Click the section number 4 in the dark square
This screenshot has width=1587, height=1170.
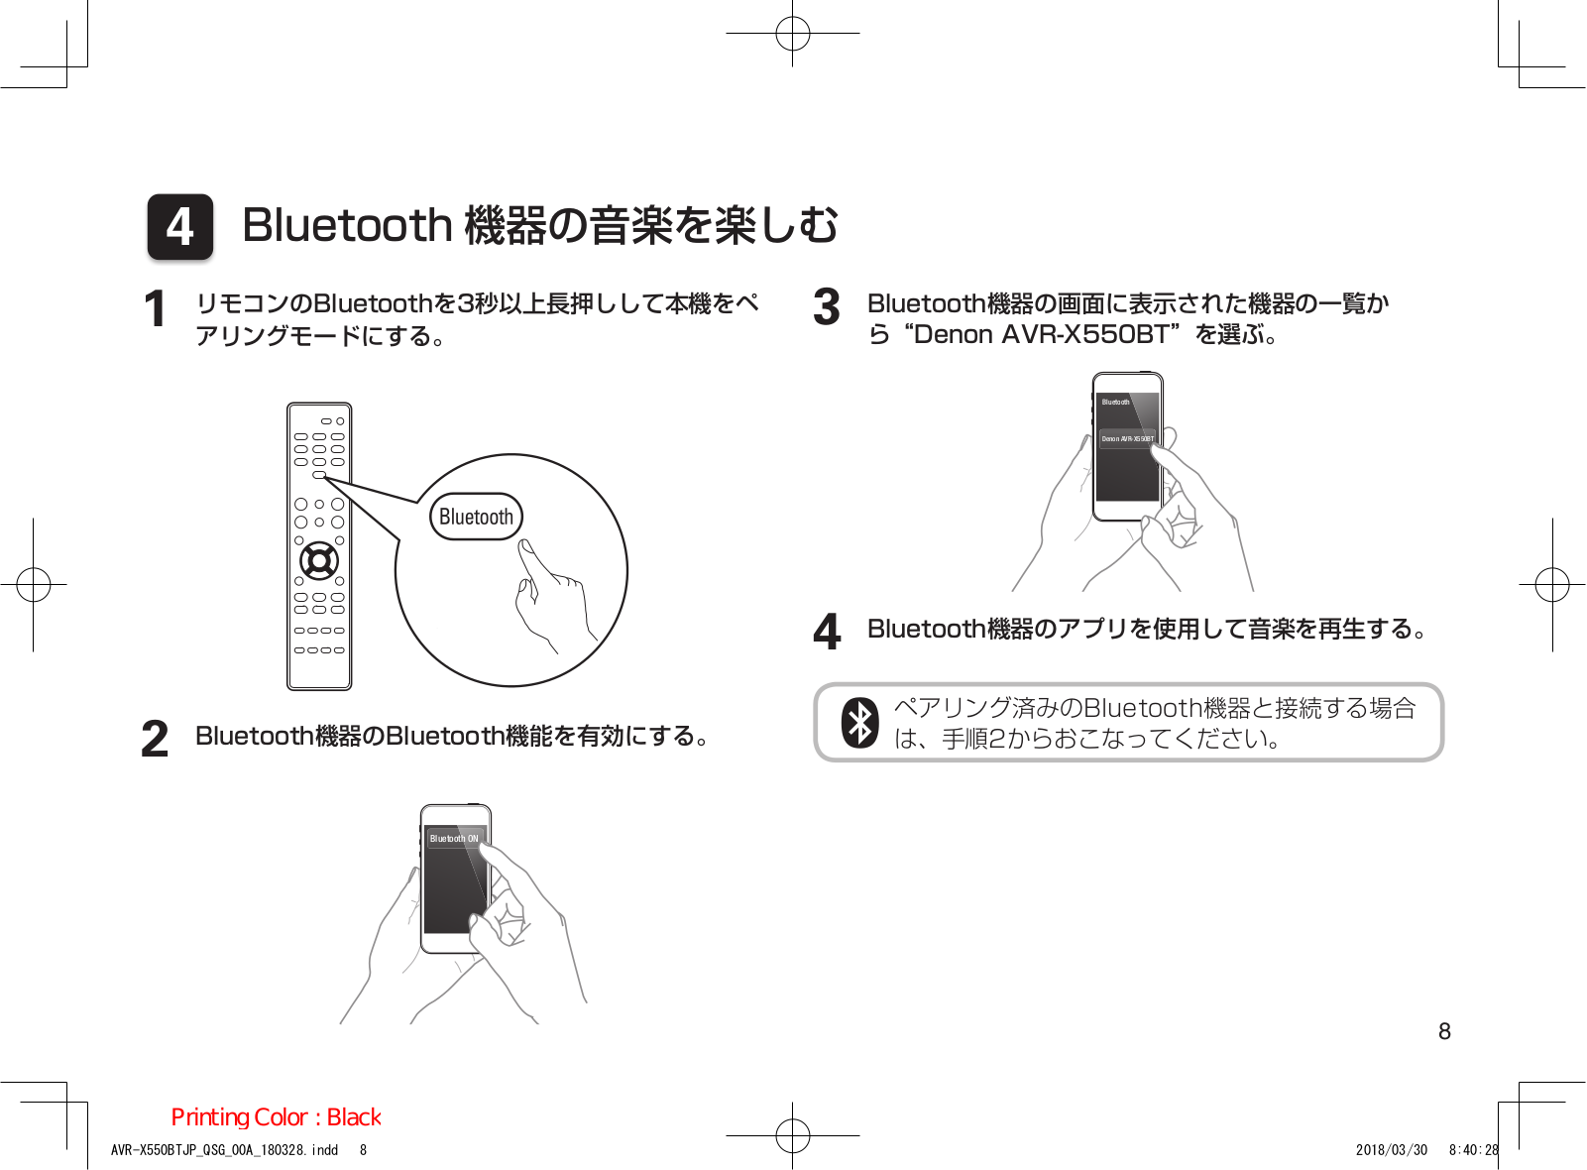(180, 226)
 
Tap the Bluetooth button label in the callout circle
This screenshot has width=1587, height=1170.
(476, 517)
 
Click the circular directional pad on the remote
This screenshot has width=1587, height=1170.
(319, 561)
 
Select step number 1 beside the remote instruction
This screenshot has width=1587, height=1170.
(155, 309)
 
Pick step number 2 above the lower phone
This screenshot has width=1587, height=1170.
(155, 739)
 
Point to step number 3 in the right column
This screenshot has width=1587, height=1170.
(827, 307)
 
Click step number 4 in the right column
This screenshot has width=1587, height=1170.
(827, 632)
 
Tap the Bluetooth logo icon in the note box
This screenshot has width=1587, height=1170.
(859, 723)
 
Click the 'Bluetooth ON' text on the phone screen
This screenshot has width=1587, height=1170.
(454, 839)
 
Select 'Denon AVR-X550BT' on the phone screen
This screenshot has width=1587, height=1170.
(1128, 438)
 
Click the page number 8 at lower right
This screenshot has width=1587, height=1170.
(1444, 1031)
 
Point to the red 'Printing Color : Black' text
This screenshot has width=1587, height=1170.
(276, 1117)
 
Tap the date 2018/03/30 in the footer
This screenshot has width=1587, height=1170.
(1391, 1150)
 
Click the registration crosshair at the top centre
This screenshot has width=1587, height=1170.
(793, 34)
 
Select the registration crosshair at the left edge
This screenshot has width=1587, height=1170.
(34, 584)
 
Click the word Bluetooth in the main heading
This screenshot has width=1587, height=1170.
(347, 225)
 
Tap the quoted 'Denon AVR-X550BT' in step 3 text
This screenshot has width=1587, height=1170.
(1041, 335)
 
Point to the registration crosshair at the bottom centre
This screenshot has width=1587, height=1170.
(793, 1135)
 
